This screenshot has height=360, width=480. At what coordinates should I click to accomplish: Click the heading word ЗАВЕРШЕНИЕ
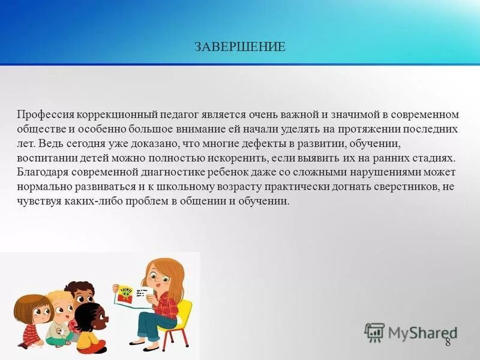pos(240,47)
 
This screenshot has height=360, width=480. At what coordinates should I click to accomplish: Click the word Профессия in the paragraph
pos(41,114)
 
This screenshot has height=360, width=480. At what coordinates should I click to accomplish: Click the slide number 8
pos(448,343)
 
